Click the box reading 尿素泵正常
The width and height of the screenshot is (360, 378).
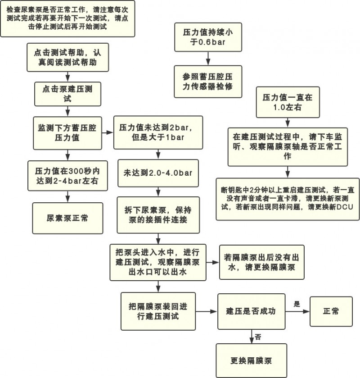(67, 218)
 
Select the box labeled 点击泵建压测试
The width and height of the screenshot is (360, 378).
(67, 94)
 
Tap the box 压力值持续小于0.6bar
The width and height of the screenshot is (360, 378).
(208, 37)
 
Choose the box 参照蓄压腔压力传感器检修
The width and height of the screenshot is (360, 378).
(208, 82)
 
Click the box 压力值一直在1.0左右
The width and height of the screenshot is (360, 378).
(288, 102)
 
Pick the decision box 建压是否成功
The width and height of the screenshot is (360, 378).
(252, 311)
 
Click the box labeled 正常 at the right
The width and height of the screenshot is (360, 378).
(331, 311)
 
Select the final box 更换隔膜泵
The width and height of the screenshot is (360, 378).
(252, 360)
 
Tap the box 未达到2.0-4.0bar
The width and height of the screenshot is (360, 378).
(158, 173)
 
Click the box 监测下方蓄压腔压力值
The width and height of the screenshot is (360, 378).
(67, 133)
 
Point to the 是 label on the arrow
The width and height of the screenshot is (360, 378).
(297, 304)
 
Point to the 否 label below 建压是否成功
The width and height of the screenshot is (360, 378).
(258, 337)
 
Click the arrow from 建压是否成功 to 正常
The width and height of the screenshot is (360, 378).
(297, 311)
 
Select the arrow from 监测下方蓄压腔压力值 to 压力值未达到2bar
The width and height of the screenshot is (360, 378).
(108, 132)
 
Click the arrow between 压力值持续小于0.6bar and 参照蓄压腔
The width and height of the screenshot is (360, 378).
(208, 58)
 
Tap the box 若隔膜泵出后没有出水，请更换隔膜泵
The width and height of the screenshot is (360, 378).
(262, 262)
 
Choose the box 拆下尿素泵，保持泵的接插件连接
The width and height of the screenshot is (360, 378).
(158, 215)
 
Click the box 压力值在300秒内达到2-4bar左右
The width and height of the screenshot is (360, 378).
(67, 176)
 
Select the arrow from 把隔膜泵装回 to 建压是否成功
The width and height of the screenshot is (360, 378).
(207, 311)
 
